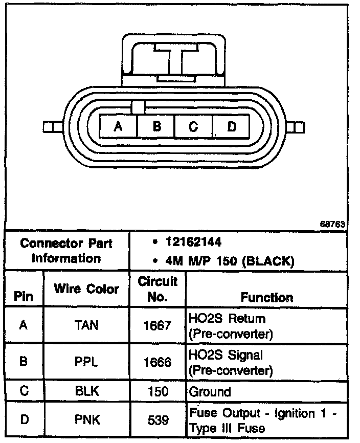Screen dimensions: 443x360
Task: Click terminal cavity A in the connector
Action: click(x=118, y=125)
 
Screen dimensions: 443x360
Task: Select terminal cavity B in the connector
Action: click(x=156, y=125)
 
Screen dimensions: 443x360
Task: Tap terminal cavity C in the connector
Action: click(x=193, y=125)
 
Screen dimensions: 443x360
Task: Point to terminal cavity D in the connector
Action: click(x=231, y=125)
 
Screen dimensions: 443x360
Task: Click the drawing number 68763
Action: click(x=332, y=224)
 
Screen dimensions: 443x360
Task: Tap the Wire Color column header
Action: click(x=86, y=289)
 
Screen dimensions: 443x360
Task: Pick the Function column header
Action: click(x=267, y=297)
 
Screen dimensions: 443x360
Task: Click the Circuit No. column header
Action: click(x=157, y=289)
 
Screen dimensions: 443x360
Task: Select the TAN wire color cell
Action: click(x=86, y=325)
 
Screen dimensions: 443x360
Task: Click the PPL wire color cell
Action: click(x=86, y=362)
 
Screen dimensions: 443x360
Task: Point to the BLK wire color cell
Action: click(x=86, y=392)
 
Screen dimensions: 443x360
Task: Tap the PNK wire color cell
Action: click(x=86, y=420)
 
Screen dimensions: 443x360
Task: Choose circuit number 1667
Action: click(x=157, y=325)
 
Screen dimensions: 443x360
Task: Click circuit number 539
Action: click(x=157, y=420)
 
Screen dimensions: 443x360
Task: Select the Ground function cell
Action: click(x=210, y=392)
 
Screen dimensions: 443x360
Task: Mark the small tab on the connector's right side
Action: click(x=296, y=126)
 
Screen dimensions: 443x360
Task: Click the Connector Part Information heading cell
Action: click(x=66, y=251)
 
